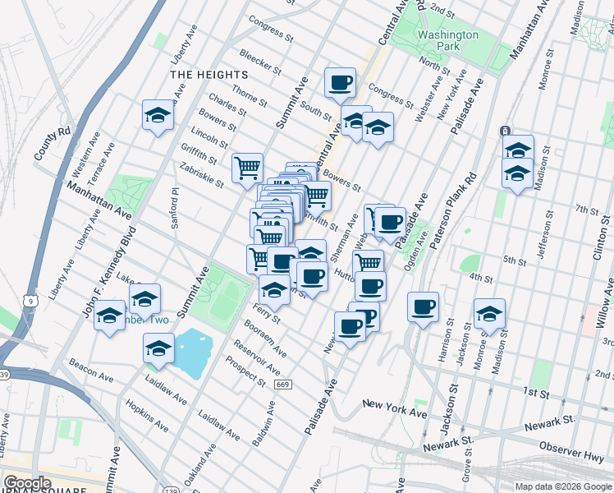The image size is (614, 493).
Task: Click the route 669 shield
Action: (x=283, y=385)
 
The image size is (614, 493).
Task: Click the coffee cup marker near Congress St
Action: (x=340, y=82)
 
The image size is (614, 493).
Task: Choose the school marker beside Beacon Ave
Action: (x=158, y=348)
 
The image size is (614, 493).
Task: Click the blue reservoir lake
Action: (x=194, y=352)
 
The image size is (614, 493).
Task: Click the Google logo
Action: (x=28, y=483)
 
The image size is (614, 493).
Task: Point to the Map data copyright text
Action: (x=562, y=486)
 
